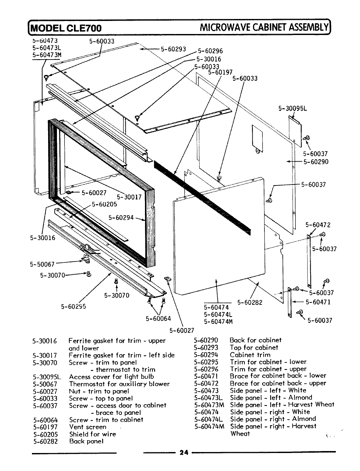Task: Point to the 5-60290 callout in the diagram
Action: [x=316, y=162]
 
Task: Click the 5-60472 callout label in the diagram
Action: [x=318, y=225]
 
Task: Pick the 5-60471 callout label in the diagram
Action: [x=318, y=302]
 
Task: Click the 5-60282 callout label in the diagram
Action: [x=250, y=303]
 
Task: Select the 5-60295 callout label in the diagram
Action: [x=73, y=306]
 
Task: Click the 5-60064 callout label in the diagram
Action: [x=158, y=319]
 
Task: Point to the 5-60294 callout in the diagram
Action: [x=121, y=218]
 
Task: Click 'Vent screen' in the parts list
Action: [x=88, y=427]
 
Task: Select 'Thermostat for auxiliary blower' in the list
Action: [x=119, y=384]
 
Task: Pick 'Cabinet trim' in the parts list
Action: [x=250, y=355]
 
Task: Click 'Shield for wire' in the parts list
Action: [x=93, y=434]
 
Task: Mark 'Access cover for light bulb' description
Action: [x=111, y=377]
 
